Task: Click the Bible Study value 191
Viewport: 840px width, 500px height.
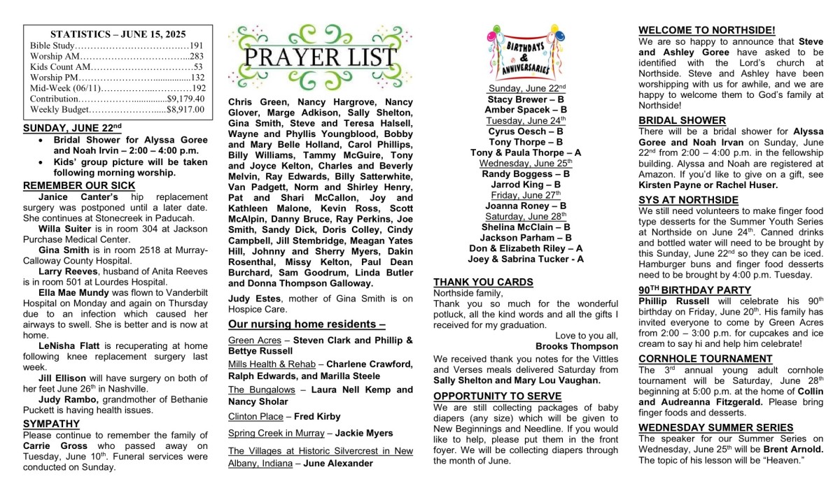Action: coord(197,45)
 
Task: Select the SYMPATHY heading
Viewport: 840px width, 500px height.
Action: coord(51,424)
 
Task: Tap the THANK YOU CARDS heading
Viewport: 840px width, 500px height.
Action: coord(483,282)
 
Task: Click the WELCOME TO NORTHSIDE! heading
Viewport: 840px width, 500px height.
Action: coord(707,30)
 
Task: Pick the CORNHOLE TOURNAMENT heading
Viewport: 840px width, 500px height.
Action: coord(706,359)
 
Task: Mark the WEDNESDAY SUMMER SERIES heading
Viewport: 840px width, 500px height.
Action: coord(716,427)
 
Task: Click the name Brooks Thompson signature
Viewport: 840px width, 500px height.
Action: coord(577,346)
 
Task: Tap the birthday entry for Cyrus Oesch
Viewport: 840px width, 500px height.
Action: coord(526,131)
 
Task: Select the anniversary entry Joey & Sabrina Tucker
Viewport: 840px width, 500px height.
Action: coord(526,259)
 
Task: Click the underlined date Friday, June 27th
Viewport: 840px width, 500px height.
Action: coord(526,195)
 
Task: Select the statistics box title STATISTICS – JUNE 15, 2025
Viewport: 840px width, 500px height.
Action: coord(118,34)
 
